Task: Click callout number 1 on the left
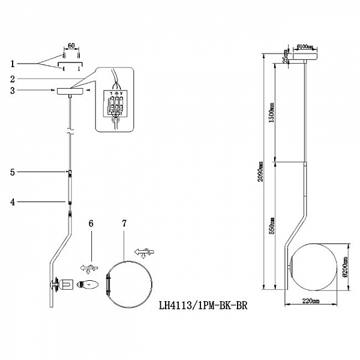point(13,63)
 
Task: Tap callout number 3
point(13,91)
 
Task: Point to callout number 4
point(13,202)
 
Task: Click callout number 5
point(13,172)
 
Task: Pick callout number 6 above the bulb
point(91,223)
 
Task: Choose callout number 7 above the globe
point(124,223)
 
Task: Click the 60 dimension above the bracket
point(70,46)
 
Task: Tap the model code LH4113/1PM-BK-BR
point(202,305)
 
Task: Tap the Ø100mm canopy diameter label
point(306,46)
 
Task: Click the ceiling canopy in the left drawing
point(70,91)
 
